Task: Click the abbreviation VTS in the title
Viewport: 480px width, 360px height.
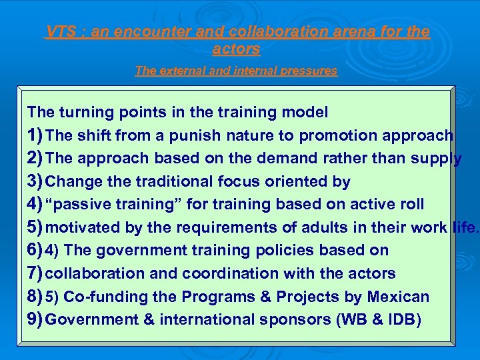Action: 59,32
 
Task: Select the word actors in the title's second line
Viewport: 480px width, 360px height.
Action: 236,49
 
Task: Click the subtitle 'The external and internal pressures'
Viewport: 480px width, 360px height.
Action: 236,71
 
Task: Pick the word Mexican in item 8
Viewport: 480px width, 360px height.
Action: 397,297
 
